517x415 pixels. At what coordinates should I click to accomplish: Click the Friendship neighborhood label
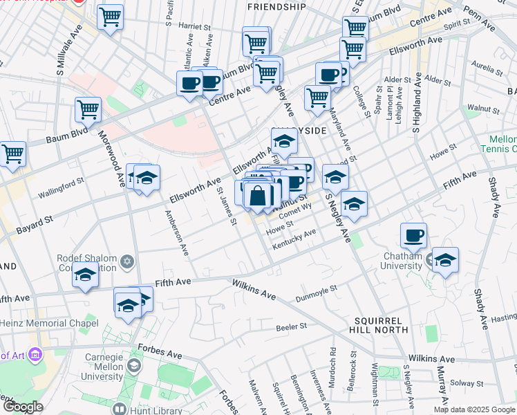coord(276,7)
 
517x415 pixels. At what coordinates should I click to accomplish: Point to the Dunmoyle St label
coord(316,294)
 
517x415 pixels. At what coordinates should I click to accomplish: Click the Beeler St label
coord(291,326)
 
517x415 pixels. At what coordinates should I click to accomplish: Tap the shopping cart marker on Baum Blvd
coord(88,110)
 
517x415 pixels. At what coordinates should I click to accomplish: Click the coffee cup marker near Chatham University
coord(413,236)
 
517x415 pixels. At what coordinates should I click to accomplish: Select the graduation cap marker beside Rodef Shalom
coord(86,275)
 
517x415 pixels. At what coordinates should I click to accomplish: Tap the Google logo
coord(22,407)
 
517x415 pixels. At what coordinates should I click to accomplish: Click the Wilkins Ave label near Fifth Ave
coord(254,290)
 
